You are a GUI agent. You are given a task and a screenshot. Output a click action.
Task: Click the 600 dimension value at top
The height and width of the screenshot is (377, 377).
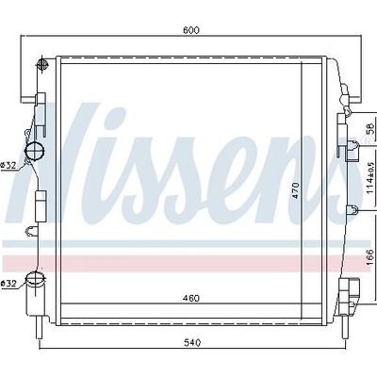[191, 30]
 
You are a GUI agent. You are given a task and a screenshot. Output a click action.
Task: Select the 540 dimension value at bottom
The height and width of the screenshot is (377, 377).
[192, 342]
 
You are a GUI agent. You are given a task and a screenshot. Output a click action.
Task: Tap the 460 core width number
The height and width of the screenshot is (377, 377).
[191, 298]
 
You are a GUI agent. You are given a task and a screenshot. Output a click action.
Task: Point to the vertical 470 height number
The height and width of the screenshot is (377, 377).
[296, 190]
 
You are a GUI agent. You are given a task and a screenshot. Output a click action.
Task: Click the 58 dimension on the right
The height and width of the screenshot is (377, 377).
[370, 128]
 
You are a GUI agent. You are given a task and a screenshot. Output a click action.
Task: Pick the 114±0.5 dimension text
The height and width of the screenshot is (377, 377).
[370, 178]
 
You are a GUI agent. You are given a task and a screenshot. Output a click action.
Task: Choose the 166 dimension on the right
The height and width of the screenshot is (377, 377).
[370, 257]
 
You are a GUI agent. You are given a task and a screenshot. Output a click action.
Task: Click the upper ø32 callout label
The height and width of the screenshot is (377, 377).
[8, 166]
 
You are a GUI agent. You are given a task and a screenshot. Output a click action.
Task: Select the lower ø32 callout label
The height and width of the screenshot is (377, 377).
[8, 284]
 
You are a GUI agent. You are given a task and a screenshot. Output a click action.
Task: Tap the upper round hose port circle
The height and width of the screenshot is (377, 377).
[35, 151]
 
